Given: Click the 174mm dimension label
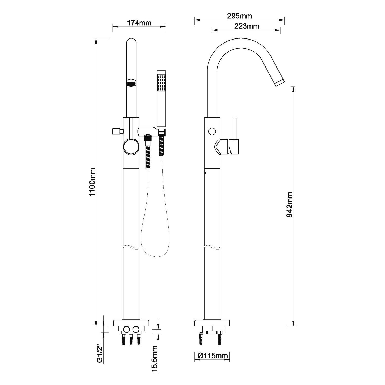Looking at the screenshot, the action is point(139,23).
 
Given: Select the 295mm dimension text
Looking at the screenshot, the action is point(239,16).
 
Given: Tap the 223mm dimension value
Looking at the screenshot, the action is point(247,26).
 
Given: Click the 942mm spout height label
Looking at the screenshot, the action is point(290,205).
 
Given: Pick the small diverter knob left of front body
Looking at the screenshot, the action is point(117,131).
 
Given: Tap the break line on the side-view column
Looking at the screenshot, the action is point(212,247).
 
